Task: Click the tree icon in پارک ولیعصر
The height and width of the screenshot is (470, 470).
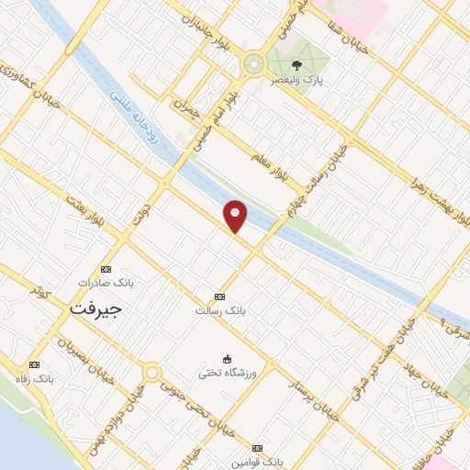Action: point(297,65)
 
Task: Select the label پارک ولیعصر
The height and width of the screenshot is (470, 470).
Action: point(305,80)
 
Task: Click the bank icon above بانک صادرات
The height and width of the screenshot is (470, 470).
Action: point(106,269)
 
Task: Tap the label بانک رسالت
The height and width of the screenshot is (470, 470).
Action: point(219,310)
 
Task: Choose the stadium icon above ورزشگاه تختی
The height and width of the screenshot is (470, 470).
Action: point(226,359)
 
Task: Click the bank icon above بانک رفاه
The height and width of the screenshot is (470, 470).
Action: point(35,364)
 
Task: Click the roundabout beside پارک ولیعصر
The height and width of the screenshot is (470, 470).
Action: point(252,63)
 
